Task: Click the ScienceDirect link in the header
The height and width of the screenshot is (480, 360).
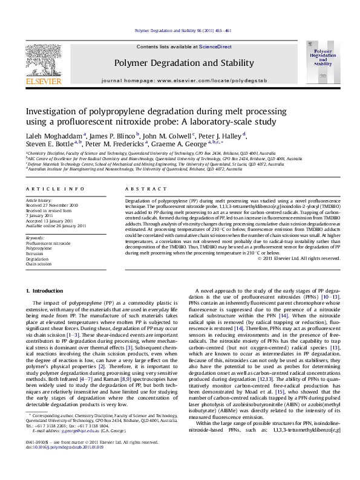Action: pos(199,46)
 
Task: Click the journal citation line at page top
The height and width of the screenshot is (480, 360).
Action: pos(180,30)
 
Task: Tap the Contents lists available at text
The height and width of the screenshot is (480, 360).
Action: pos(162,46)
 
